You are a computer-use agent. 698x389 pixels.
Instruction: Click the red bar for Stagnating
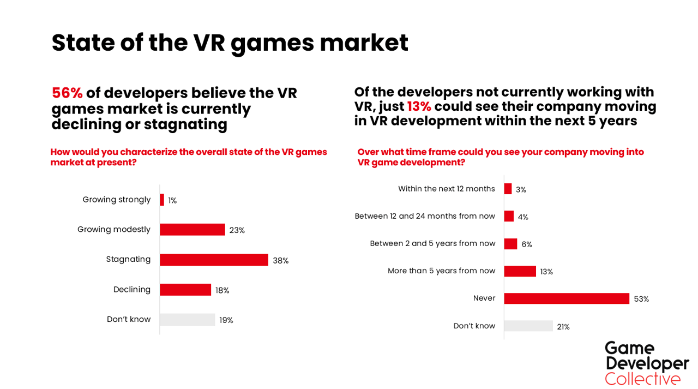(214, 260)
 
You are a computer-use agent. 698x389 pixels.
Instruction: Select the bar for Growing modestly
(192, 230)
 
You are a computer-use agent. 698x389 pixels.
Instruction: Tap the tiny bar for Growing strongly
(162, 200)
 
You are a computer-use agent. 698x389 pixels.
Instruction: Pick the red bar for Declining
(185, 290)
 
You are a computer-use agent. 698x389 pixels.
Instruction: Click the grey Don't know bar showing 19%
(188, 320)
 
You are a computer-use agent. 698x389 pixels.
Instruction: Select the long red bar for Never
(567, 298)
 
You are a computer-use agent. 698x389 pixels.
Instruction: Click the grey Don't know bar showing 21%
(528, 326)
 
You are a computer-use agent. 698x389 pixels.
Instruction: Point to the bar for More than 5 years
(520, 271)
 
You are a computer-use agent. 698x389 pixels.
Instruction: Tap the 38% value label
(281, 261)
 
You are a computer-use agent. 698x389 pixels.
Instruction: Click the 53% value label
(641, 299)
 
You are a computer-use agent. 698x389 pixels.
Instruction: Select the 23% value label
(237, 230)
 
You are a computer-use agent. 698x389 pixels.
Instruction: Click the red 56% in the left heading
(67, 93)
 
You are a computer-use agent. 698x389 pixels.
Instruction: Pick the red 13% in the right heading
(419, 106)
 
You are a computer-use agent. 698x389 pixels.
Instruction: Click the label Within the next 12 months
(446, 189)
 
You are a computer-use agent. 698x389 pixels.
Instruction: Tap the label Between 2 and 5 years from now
(432, 243)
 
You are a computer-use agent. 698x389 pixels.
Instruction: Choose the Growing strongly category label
(116, 200)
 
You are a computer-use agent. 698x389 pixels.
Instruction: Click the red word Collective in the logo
(642, 379)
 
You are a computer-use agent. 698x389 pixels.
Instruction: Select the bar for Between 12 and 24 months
(509, 216)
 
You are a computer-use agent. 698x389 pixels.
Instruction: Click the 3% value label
(521, 190)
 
